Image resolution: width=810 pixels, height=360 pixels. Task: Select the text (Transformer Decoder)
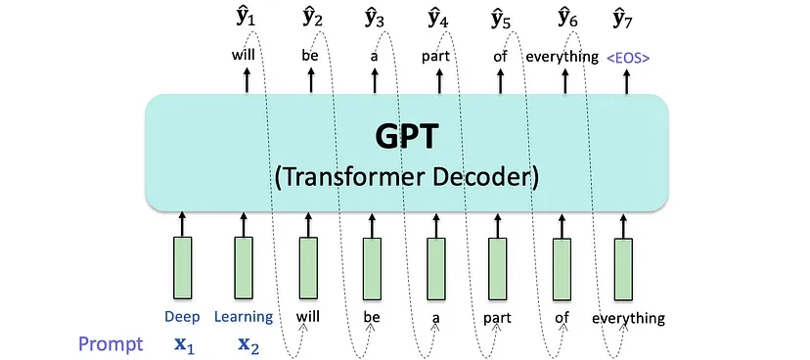pos(406,177)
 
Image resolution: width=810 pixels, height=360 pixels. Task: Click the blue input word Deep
pos(181,317)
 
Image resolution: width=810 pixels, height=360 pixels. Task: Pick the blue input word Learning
pos(243,317)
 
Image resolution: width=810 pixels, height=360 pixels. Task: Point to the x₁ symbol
pos(182,344)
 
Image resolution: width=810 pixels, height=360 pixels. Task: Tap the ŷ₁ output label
pos(245,17)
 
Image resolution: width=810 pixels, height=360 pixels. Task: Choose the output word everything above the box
pos(562,57)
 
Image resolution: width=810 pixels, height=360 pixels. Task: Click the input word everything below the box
pos(628,318)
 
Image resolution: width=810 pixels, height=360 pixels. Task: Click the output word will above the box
pos(244,56)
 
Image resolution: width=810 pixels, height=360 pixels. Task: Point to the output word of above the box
pos(501,56)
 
